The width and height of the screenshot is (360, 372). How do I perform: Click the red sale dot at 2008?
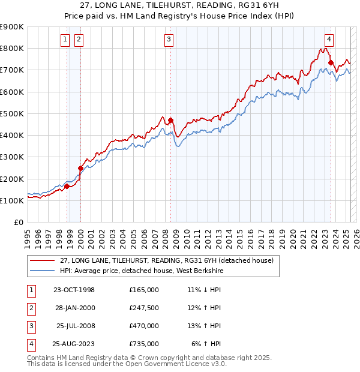pyautogui.click(x=171, y=120)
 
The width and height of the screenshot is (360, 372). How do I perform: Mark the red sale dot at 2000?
pyautogui.click(x=80, y=169)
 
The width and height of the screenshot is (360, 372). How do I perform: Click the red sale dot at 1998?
pyautogui.click(x=67, y=186)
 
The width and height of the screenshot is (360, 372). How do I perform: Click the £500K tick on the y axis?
pyautogui.click(x=12, y=113)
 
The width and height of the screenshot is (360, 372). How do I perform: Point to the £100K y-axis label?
pyautogui.click(x=12, y=200)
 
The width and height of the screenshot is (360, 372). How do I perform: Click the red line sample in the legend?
pyautogui.click(x=42, y=260)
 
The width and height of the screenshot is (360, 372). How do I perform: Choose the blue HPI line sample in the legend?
pyautogui.click(x=42, y=271)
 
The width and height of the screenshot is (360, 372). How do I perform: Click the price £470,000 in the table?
pyautogui.click(x=144, y=326)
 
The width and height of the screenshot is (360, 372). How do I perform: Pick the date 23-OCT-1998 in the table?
pyautogui.click(x=74, y=290)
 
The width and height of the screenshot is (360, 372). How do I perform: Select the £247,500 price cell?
pyautogui.click(x=144, y=308)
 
